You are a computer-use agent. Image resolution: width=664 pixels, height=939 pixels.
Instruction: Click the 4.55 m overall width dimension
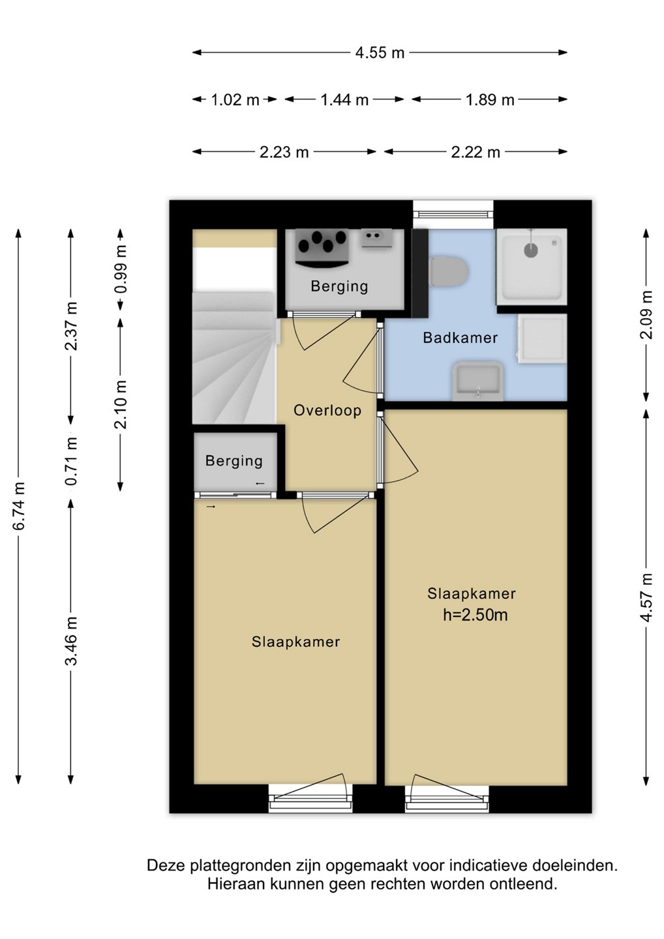(x=380, y=53)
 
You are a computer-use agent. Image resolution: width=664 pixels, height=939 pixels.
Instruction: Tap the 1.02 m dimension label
(x=235, y=100)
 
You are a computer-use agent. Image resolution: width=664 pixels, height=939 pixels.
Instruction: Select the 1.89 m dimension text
(x=490, y=100)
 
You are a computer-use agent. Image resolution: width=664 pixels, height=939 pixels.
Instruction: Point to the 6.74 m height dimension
(x=20, y=506)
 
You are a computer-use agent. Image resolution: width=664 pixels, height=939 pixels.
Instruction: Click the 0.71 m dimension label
(x=72, y=461)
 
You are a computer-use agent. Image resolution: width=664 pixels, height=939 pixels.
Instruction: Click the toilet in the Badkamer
(x=448, y=271)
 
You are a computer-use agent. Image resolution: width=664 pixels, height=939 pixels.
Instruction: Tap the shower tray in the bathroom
(x=532, y=267)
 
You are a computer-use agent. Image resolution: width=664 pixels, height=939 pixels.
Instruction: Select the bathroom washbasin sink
(x=477, y=381)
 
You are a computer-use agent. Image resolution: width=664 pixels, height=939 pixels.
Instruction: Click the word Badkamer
(x=460, y=338)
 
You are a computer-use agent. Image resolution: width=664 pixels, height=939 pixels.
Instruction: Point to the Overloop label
(x=327, y=410)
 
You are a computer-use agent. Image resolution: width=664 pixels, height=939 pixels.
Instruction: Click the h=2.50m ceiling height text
(x=475, y=616)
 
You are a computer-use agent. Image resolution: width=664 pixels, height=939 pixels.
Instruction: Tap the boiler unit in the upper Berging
(x=322, y=247)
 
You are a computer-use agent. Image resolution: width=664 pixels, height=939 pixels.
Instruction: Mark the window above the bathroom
(x=453, y=214)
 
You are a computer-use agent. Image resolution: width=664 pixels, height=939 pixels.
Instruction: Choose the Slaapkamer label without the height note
(x=295, y=642)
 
